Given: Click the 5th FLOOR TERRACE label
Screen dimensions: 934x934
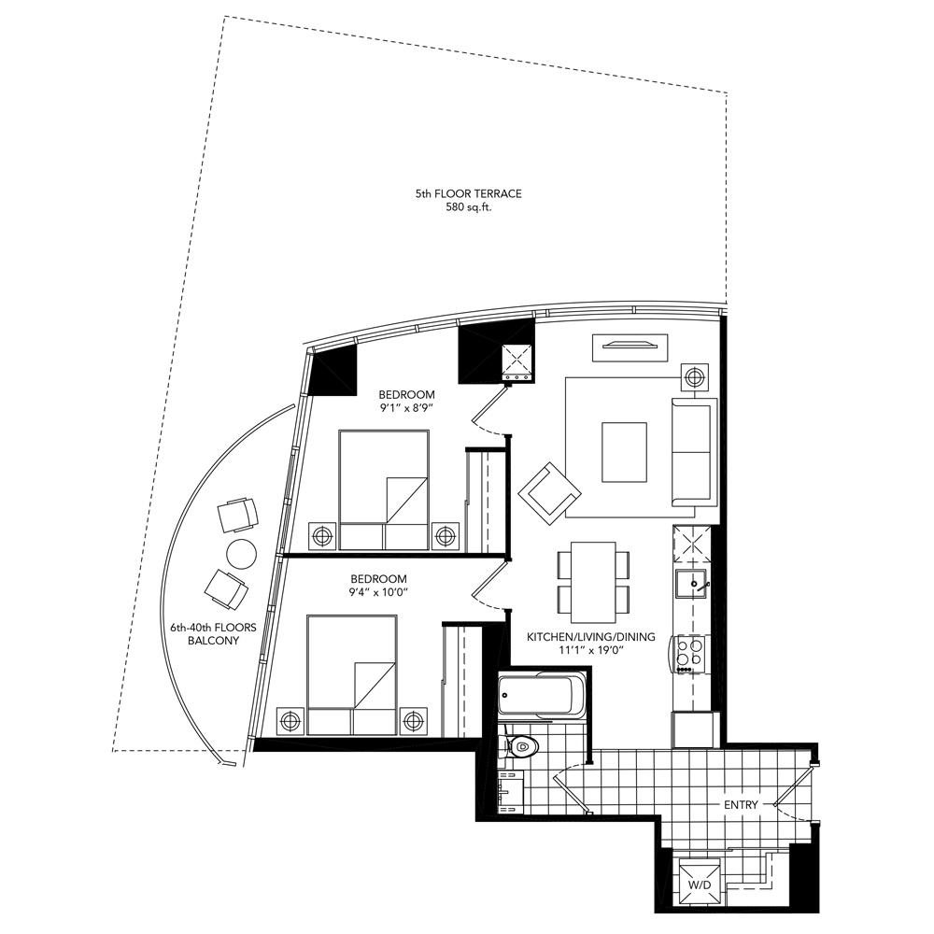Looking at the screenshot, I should (468, 193).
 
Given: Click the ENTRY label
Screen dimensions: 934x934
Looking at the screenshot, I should (741, 804).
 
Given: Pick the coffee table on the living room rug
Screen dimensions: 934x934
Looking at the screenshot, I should (624, 452).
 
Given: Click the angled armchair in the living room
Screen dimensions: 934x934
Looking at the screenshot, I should (550, 490).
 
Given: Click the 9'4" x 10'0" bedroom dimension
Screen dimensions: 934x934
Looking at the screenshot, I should (379, 591).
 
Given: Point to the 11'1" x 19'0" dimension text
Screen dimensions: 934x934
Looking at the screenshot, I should (590, 652).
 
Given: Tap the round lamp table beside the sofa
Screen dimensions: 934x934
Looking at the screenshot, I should (694, 376).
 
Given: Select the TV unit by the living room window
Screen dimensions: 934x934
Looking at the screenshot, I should (630, 347).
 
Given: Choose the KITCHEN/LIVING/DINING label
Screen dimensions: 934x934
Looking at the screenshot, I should (590, 637).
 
